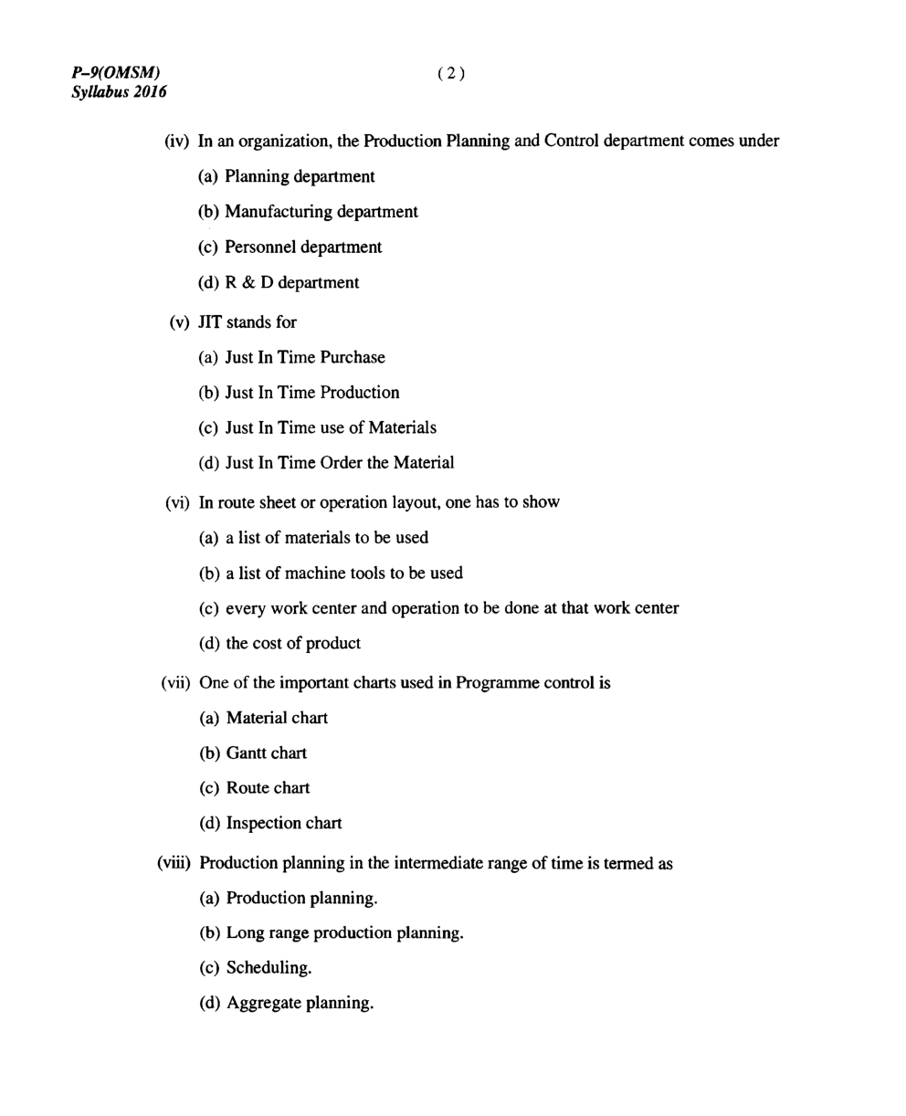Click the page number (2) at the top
(451, 74)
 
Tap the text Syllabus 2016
(119, 92)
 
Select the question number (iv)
(176, 141)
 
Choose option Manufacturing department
(321, 212)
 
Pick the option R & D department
(291, 283)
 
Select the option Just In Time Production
(311, 393)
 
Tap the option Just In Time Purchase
(305, 358)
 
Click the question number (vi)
(177, 502)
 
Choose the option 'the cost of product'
(293, 644)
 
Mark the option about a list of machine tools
(343, 574)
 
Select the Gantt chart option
(266, 753)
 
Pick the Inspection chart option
(283, 824)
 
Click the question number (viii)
(174, 863)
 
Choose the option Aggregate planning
(300, 1004)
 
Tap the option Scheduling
(269, 968)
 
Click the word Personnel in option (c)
(261, 247)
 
